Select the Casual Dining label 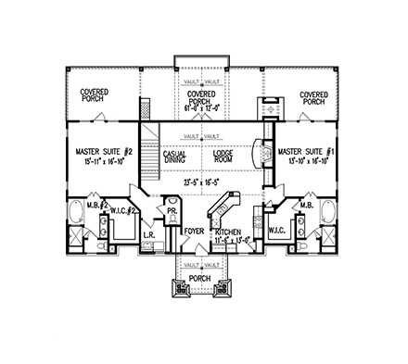174,157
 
